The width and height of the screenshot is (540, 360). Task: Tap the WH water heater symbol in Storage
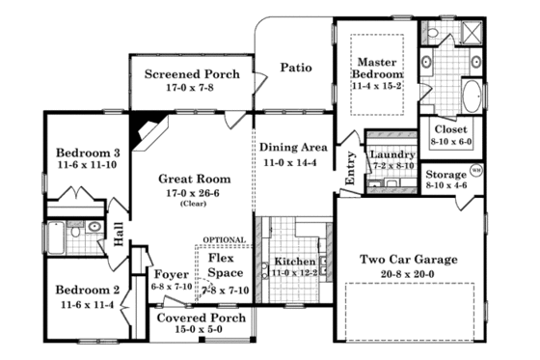point(474,171)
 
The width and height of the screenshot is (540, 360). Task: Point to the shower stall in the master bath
point(472,37)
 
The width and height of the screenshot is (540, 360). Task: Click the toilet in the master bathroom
point(433,35)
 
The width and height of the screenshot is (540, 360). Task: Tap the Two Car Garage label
point(409,260)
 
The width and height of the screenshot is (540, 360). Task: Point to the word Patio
point(295,68)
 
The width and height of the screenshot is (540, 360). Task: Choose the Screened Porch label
point(185,74)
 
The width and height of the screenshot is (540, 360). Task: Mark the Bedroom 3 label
point(88,152)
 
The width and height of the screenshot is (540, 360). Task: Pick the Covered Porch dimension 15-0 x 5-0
point(202,330)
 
